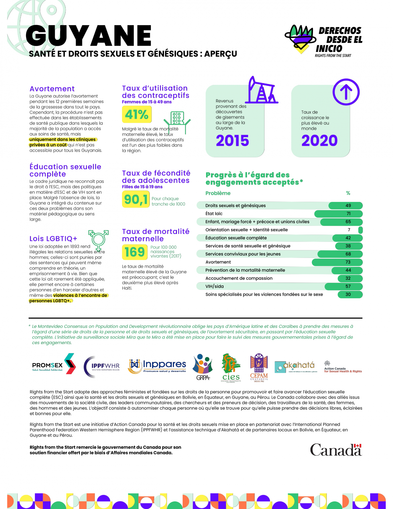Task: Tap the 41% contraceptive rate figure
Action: pos(137,114)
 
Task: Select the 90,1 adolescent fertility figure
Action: pos(136,199)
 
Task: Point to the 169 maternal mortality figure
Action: pos(134,252)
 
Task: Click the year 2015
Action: pos(232,140)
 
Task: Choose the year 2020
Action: pos(319,140)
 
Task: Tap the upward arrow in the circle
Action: pos(346,92)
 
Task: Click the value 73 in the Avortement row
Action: pos(348,262)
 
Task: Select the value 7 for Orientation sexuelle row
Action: pos(349,230)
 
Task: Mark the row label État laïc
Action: pos(214,214)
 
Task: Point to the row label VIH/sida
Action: pos(214,287)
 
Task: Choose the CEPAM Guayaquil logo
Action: pos(259,368)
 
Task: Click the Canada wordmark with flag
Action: pos(336,450)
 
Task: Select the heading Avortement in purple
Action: pos(52,89)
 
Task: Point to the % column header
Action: pos(348,193)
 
